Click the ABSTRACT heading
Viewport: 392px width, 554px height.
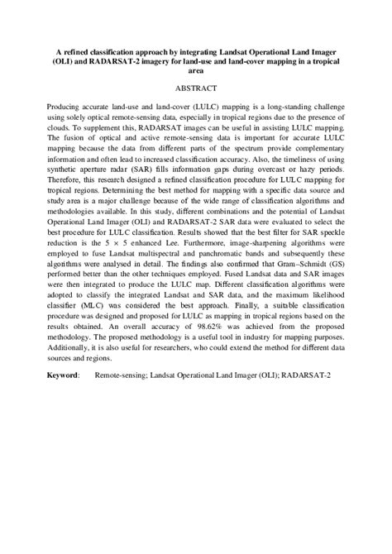coord(196,88)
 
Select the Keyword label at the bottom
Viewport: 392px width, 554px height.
coord(63,375)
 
